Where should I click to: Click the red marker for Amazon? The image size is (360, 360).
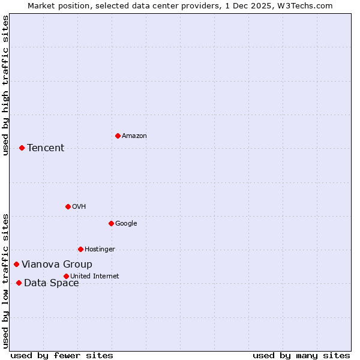coord(118,136)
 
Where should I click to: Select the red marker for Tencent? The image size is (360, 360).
coord(22,148)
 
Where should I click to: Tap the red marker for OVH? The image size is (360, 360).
coord(68,206)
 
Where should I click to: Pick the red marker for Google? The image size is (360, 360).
coord(111,223)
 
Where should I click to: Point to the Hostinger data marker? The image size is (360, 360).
coord(80,249)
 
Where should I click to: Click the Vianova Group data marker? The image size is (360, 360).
coord(16,264)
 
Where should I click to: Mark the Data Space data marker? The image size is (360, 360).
coord(19,283)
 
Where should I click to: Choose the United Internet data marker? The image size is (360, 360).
coord(66,276)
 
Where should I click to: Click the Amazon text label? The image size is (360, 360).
coord(134,136)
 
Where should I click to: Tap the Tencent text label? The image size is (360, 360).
coord(46,148)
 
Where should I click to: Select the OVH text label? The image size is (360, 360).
coord(79,207)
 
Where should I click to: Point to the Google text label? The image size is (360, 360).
coord(126,224)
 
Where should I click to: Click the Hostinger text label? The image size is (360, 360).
coord(100,250)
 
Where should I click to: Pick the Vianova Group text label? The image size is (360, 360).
coord(57,265)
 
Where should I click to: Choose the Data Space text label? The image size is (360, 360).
coord(52,283)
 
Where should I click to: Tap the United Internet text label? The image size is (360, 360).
coord(95,277)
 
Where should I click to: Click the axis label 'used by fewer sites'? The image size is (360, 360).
coord(62,355)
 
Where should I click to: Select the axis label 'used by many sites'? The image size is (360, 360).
coord(301,355)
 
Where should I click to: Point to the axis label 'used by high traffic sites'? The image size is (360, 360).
coord(5,85)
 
